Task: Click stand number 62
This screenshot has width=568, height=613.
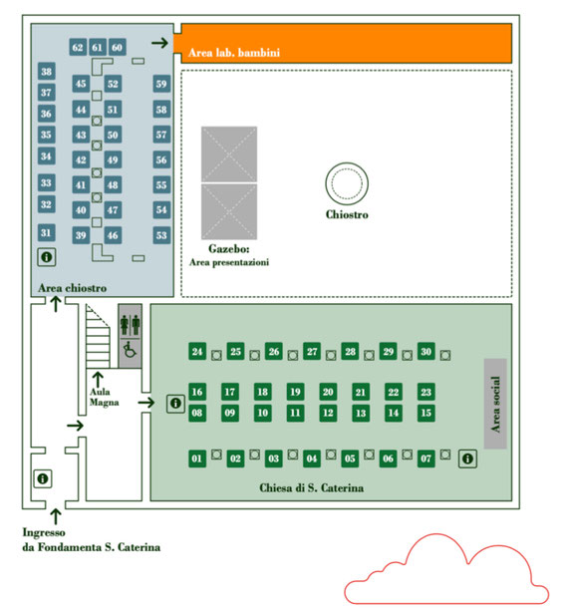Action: tap(78, 47)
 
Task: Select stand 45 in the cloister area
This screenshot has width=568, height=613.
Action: tap(81, 84)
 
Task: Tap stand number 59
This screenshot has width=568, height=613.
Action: tap(161, 84)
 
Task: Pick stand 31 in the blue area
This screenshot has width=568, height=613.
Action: tap(46, 232)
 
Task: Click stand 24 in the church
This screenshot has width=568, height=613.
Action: tap(197, 351)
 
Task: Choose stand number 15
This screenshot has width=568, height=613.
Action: tap(426, 413)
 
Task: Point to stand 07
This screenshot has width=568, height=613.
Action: tap(426, 459)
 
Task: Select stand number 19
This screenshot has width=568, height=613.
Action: tap(295, 392)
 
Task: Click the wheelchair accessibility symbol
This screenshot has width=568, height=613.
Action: tap(131, 349)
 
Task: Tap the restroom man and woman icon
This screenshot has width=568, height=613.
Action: tap(131, 325)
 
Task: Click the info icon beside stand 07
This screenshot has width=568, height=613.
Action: tap(467, 459)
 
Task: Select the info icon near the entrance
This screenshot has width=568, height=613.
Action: tap(43, 478)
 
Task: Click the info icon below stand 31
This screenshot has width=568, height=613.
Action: tap(47, 257)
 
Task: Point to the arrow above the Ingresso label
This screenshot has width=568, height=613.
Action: tap(56, 516)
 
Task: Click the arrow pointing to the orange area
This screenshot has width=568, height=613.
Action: tap(159, 42)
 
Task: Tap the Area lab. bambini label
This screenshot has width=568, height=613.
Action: tap(234, 53)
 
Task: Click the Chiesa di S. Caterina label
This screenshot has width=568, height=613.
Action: tap(312, 487)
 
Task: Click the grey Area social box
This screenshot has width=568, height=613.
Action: tap(495, 404)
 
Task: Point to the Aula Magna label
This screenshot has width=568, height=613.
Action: tap(104, 397)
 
